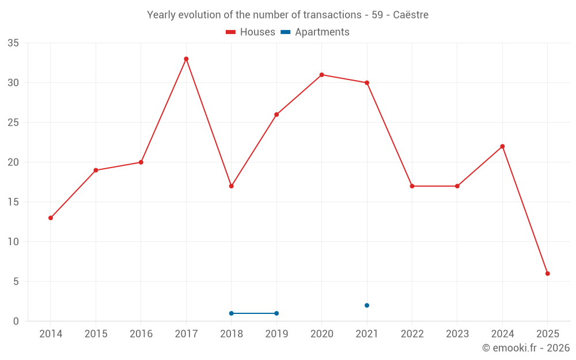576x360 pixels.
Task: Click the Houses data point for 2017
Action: point(186,59)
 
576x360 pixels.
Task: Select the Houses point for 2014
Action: point(51,218)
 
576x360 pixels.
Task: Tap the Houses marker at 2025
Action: point(547,274)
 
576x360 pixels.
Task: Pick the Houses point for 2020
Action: point(321,75)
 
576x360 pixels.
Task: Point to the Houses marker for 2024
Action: point(502,146)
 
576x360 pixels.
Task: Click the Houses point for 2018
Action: point(231,186)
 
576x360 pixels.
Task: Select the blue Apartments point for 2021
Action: point(367,305)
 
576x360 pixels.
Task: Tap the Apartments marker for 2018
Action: point(231,313)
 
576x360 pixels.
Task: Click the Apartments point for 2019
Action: point(276,313)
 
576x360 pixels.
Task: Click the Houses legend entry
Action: point(251,32)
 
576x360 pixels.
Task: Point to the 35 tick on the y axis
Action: point(13,43)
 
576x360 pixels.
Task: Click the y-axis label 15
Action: point(13,202)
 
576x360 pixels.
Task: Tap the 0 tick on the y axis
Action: point(16,321)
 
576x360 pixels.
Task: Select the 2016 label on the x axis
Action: point(141,334)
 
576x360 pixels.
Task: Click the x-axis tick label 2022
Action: point(412,334)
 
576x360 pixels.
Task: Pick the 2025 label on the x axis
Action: point(547,334)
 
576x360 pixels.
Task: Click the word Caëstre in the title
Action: point(411,15)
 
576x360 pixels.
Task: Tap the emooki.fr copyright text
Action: point(525,348)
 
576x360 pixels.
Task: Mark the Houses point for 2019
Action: point(276,115)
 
